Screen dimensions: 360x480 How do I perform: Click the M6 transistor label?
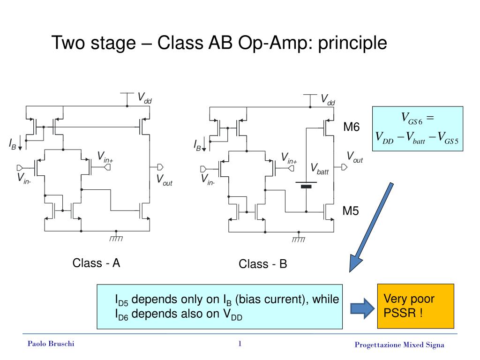351,127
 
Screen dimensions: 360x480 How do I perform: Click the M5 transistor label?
351,211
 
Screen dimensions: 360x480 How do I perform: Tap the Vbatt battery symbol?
306,185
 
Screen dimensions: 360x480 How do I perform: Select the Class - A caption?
96,263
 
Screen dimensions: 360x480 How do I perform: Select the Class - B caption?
262,264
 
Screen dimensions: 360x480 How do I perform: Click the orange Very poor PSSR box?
415,306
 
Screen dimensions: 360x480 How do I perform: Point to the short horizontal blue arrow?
362,307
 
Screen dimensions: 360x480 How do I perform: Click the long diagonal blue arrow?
372,227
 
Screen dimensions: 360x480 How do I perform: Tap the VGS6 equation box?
418,128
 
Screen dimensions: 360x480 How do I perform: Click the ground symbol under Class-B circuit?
298,238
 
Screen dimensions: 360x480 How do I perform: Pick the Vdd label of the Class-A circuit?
144,98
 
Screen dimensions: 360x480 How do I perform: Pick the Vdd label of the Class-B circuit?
328,99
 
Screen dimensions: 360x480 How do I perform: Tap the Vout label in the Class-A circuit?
164,180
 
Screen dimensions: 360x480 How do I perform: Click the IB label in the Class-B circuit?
197,146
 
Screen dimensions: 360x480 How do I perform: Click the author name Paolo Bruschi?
51,344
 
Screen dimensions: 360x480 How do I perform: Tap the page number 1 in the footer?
240,344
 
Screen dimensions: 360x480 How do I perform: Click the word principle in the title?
352,43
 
